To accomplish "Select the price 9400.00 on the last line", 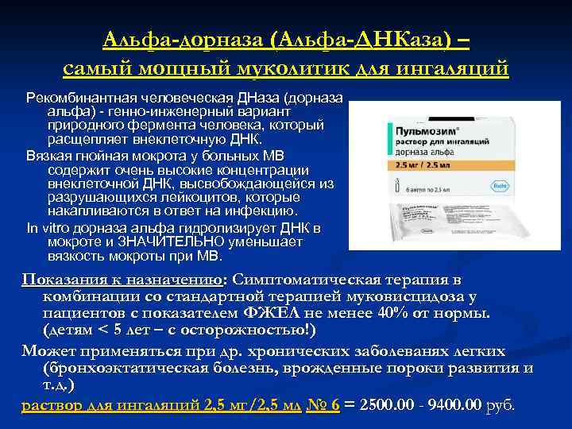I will tap(455, 404).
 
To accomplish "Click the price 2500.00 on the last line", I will tap(385, 404).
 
